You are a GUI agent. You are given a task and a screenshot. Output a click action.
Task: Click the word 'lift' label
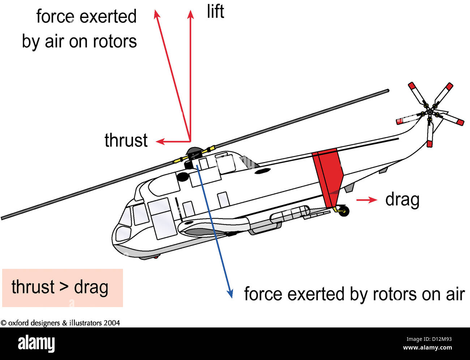click(x=215, y=12)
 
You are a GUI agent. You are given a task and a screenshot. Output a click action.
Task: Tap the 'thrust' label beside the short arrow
click(x=126, y=140)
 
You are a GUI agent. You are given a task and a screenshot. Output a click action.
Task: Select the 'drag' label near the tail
click(x=402, y=200)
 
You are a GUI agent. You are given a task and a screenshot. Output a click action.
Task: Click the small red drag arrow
click(x=367, y=200)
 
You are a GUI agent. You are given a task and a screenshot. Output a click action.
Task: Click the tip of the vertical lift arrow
click(x=191, y=14)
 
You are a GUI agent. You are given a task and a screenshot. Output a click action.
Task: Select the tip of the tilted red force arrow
click(x=156, y=14)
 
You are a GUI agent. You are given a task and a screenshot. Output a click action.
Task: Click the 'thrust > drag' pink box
click(x=62, y=288)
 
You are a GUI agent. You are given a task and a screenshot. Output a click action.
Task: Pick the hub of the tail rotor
click(x=430, y=112)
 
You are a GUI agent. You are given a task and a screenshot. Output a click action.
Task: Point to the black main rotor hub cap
click(x=194, y=151)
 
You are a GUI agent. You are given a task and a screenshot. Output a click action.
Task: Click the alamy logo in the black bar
click(x=36, y=343)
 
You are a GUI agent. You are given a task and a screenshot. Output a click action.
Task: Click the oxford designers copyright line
click(x=60, y=323)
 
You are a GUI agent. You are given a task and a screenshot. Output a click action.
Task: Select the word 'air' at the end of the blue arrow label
click(x=455, y=294)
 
